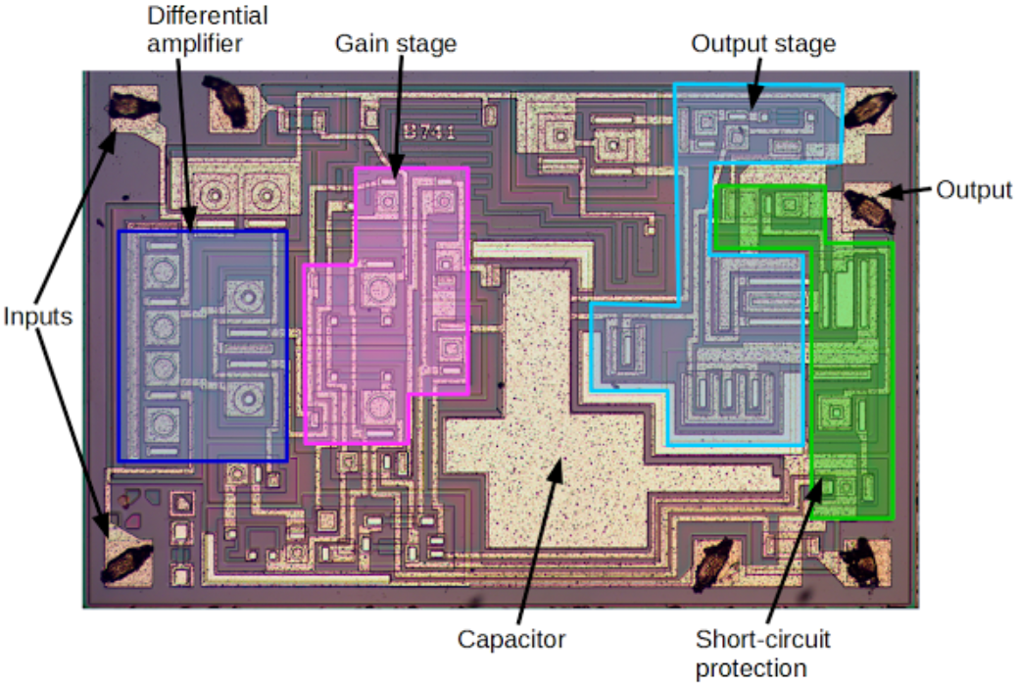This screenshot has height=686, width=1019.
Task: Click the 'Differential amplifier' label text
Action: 207,29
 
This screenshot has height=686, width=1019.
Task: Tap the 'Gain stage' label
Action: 396,43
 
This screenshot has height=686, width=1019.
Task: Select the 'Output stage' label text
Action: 763,43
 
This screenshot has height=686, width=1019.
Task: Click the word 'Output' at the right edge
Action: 973,189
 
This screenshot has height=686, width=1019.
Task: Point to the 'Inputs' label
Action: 38,317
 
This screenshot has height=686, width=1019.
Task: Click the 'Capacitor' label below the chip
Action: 511,640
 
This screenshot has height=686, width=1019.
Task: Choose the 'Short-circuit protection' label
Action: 763,654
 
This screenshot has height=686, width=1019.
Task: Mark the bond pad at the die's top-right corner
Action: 866,109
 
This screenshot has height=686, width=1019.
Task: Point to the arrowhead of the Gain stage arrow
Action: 394,177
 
